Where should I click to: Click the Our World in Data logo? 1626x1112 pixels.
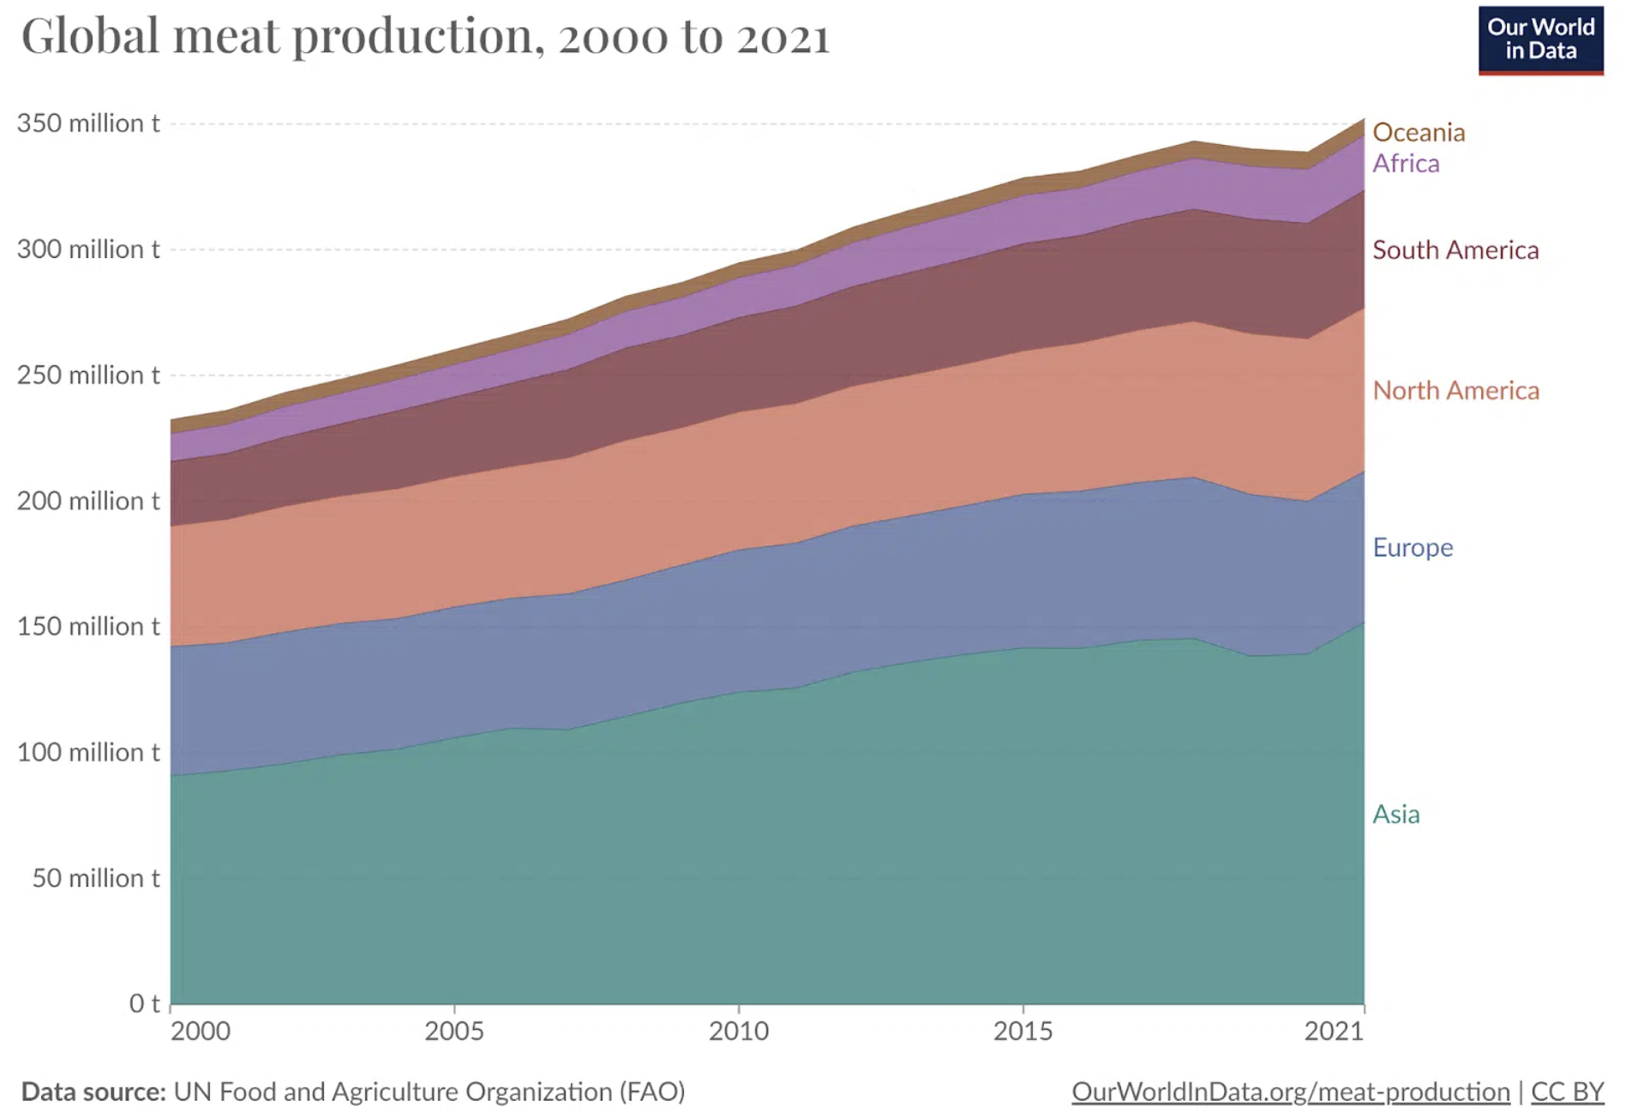tap(1539, 40)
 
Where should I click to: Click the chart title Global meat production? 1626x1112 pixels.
tap(425, 37)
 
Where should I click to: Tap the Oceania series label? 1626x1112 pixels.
tap(1418, 132)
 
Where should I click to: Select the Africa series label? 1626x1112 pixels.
tap(1405, 163)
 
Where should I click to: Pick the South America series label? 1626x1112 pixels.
tap(1455, 249)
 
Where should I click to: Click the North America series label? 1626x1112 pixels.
tap(1455, 390)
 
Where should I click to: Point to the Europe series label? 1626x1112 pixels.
tap(1412, 547)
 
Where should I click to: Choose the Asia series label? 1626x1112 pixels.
tap(1395, 814)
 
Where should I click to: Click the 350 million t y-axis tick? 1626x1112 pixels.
tap(88, 123)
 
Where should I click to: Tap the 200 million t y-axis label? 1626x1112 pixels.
tap(88, 501)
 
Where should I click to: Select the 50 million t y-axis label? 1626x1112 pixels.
tap(96, 878)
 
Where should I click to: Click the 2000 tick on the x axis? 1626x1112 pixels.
tap(200, 1031)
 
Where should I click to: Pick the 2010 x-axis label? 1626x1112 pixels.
tap(738, 1031)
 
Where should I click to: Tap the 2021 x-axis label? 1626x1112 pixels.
tap(1333, 1031)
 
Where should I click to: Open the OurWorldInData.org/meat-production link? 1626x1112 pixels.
tap(1290, 1091)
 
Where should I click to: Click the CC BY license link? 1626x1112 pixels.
tap(1567, 1091)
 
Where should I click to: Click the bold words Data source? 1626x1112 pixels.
tap(93, 1091)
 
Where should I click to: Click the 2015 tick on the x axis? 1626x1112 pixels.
tap(1023, 1031)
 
